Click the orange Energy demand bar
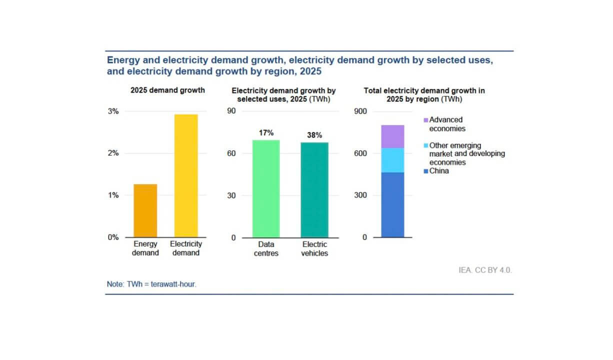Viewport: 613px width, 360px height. coord(145,210)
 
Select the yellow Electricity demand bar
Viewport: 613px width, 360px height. coord(186,176)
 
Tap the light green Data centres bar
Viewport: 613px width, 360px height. coord(266,188)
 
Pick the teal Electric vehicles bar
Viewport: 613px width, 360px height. coord(314,189)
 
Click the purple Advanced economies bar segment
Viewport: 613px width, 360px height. coord(392,136)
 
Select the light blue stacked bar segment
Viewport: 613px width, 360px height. coord(392,160)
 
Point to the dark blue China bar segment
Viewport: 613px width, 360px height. coord(392,205)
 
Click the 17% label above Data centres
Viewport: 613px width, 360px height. coord(266,133)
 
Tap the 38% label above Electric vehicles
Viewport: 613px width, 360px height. coord(314,135)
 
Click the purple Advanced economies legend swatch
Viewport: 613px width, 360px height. coord(426,120)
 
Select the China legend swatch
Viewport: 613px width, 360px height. coord(426,171)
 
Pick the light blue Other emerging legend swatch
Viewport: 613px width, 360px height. coord(426,145)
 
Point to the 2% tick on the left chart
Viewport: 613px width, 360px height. coord(113,153)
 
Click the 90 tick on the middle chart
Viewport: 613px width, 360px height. coord(231,111)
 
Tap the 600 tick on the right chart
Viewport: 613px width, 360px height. coord(360,153)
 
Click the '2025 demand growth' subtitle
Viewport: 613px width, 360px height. coord(167,90)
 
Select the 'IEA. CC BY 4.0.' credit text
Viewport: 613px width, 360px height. coord(485,270)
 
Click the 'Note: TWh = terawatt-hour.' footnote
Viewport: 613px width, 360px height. coord(151,284)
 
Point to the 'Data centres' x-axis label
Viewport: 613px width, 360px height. coord(266,248)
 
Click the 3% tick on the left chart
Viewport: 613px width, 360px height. coord(113,111)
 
